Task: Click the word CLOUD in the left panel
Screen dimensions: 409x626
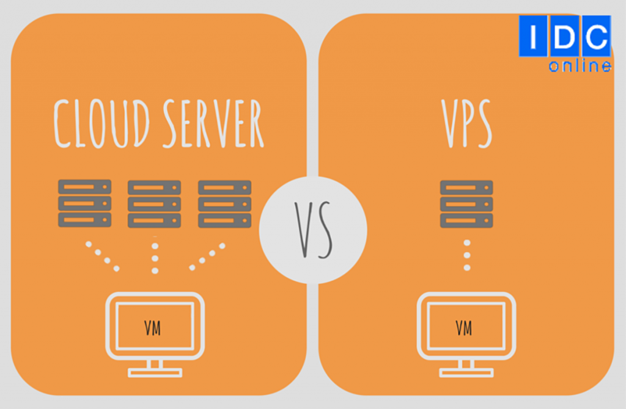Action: [x=101, y=124]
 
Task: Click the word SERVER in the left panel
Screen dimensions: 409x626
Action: [x=212, y=124]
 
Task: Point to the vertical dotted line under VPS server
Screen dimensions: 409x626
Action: [x=466, y=255]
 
